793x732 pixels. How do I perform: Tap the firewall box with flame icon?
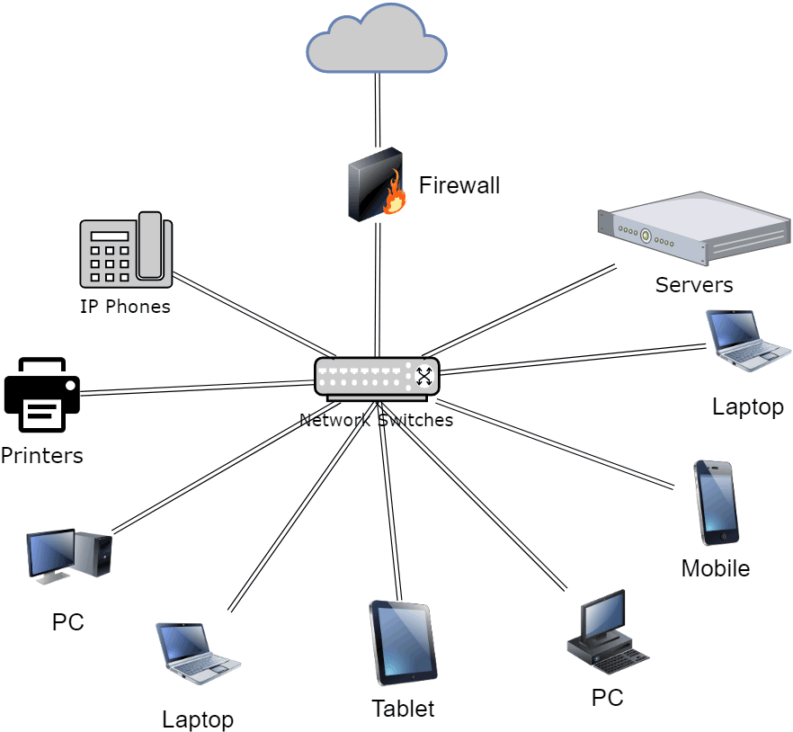click(376, 184)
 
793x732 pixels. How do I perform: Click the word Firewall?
click(459, 186)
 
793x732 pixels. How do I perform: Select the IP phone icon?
click(126, 250)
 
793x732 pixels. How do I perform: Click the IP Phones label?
click(125, 307)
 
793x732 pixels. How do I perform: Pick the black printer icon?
click(42, 395)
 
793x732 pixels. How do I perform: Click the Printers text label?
click(41, 456)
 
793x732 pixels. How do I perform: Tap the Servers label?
click(694, 285)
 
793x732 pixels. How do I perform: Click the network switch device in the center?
click(377, 378)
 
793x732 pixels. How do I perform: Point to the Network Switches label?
click(376, 420)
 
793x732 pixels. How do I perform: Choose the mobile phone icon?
click(716, 503)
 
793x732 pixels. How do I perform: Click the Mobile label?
click(715, 568)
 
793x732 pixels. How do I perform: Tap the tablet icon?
click(403, 643)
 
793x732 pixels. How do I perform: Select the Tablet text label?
click(403, 709)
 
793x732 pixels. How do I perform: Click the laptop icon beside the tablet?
click(197, 654)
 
